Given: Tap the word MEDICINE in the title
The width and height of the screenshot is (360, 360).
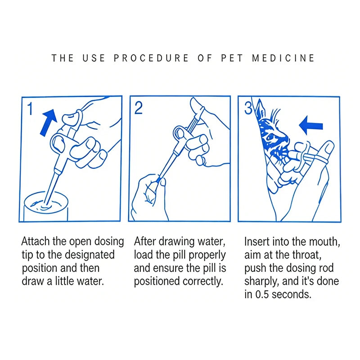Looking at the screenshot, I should [x=283, y=58].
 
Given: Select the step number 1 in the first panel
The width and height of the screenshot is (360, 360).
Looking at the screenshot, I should [x=30, y=108].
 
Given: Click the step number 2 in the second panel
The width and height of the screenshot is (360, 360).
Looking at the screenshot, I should [x=139, y=108].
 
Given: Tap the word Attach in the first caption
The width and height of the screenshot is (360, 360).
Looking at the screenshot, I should [x=36, y=241].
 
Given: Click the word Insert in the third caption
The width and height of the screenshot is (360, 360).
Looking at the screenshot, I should [x=256, y=241].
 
